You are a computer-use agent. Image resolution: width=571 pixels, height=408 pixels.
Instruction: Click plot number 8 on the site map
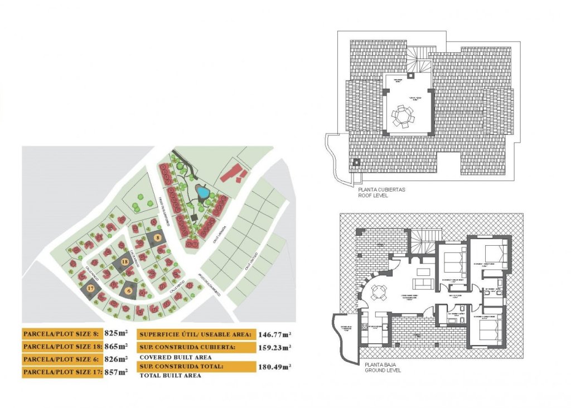(158, 238)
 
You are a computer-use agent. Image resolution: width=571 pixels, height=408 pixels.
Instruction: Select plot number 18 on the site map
(124, 261)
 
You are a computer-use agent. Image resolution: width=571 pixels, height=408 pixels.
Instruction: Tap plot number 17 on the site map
(91, 288)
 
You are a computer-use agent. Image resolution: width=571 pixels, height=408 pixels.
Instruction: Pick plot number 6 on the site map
(129, 290)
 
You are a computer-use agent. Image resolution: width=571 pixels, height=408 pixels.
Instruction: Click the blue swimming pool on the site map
(204, 193)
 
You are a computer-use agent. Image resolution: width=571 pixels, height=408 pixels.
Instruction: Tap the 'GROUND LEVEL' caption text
(383, 370)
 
